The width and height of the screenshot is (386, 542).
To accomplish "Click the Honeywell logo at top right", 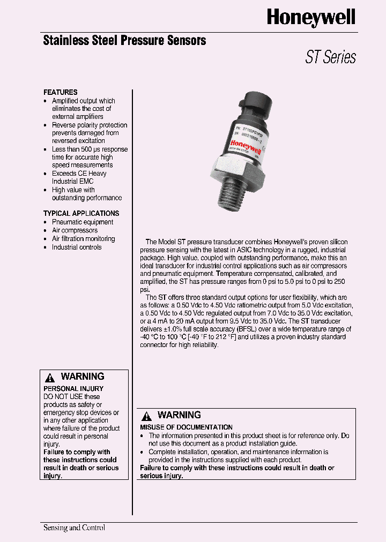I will [311, 19].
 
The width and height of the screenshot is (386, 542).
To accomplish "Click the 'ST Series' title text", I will [330, 57].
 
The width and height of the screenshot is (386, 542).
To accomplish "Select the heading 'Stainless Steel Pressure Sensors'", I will [124, 40].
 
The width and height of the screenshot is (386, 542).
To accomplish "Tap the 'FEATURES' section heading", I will [60, 92].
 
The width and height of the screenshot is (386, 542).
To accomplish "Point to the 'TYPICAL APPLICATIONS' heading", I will [81, 213].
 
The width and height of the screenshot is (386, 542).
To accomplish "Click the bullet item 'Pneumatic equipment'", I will [82, 222].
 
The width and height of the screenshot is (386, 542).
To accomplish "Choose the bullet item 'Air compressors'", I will [75, 230].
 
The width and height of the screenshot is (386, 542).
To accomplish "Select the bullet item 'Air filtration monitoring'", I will [83, 239].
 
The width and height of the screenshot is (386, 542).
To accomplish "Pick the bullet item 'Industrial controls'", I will [76, 247].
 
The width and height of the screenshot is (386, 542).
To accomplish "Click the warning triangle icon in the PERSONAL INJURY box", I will [50, 378].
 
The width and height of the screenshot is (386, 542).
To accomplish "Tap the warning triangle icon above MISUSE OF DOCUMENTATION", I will [146, 416].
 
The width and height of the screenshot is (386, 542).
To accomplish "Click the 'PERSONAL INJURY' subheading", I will [73, 388].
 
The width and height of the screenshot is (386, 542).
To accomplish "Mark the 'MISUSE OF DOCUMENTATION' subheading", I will [186, 427].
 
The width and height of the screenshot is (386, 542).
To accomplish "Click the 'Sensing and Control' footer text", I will [74, 528].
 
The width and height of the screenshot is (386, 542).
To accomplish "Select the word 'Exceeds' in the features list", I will [64, 174].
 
